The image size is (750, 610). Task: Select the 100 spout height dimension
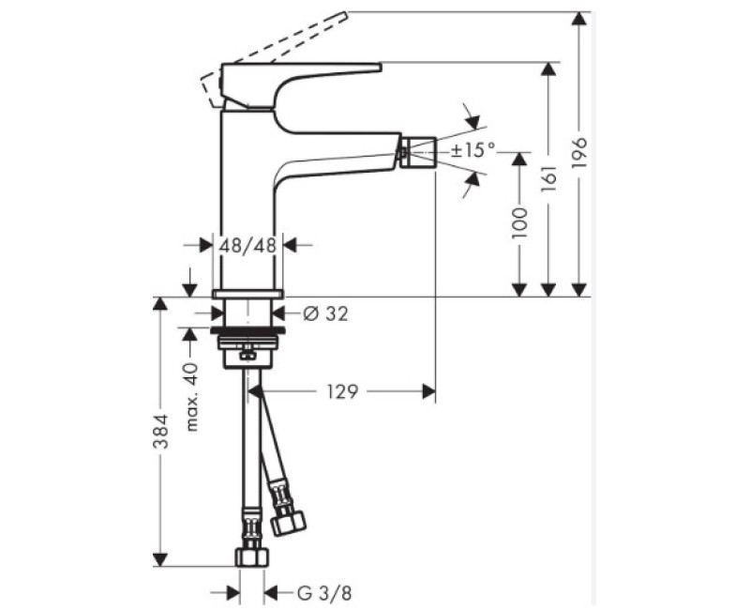coord(522,224)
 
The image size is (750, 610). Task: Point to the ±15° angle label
coord(472,150)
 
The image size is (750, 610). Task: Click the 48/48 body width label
coord(248,245)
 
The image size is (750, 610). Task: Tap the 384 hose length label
coord(162,432)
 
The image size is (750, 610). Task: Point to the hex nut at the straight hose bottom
coord(251,557)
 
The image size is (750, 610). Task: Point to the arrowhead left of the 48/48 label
coord(207,245)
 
